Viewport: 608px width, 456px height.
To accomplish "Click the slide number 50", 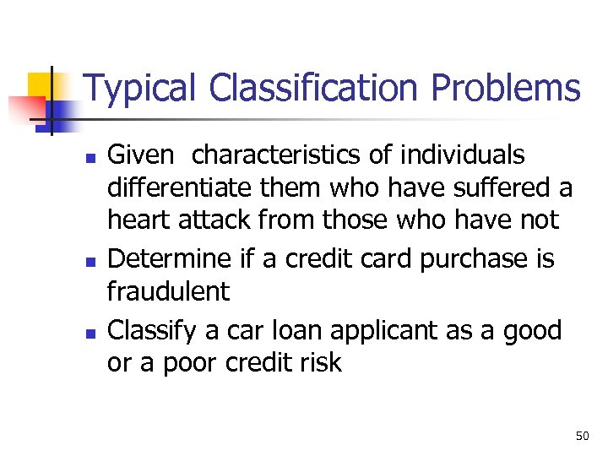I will pyautogui.click(x=582, y=436).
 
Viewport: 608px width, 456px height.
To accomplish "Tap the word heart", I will pyautogui.click(x=138, y=220).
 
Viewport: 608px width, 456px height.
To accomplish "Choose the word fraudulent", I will pyautogui.click(x=167, y=291).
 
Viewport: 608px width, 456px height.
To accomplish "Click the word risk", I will pyautogui.click(x=324, y=362).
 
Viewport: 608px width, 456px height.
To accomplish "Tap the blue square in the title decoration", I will pyautogui.click(x=59, y=111).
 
